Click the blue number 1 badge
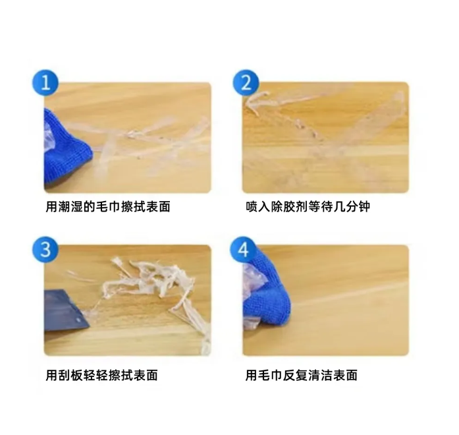click(x=45, y=84)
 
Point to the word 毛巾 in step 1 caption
click(x=104, y=207)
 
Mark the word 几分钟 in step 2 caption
click(x=352, y=207)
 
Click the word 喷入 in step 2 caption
click(x=258, y=207)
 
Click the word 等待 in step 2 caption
click(x=321, y=207)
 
